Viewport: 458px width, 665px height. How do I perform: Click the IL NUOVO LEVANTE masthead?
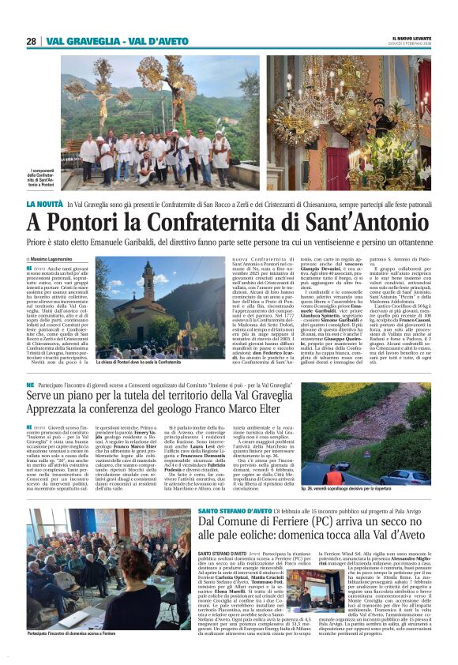(413, 39)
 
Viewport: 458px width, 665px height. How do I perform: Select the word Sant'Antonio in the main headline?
(359, 222)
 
